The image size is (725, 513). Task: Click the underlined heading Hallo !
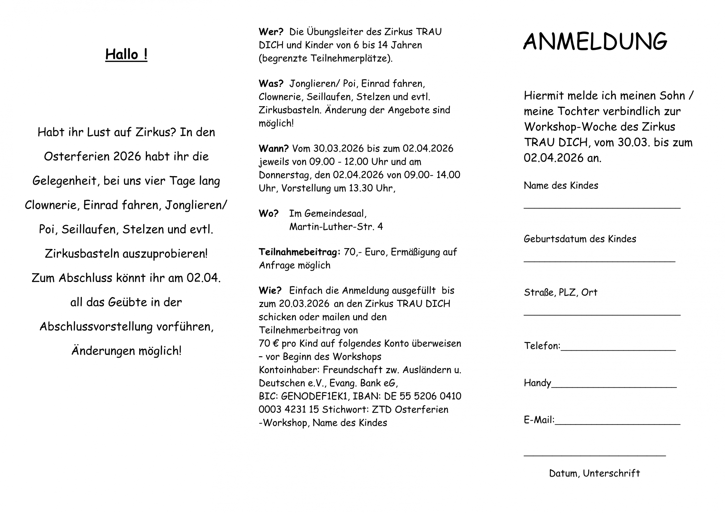pos(126,54)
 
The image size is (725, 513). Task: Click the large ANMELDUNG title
pos(595,41)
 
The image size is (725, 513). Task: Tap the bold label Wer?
pos(271,32)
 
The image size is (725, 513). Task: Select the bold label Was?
pos(271,84)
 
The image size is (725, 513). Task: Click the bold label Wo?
pos(268,214)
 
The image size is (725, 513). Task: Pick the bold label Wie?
pos(270,291)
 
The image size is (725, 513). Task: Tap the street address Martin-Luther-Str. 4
pos(336,227)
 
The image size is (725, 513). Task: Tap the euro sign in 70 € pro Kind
pos(275,344)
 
